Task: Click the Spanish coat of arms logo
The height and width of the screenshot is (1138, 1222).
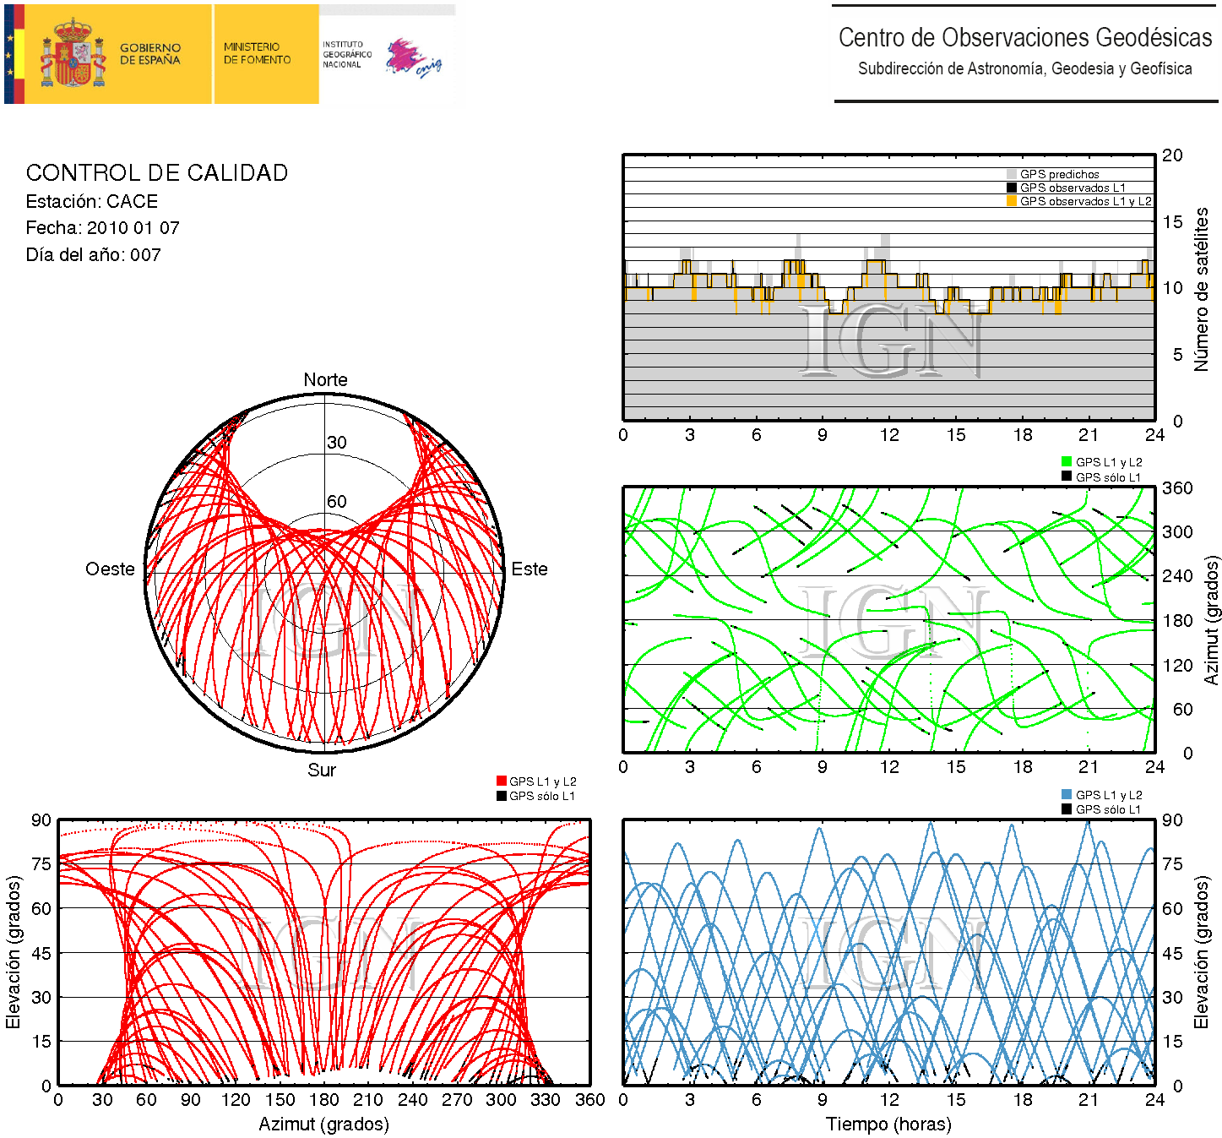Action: click(73, 53)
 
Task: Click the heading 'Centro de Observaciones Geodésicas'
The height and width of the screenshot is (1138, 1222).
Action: click(1024, 38)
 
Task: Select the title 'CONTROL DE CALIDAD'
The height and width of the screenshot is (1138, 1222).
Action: click(157, 173)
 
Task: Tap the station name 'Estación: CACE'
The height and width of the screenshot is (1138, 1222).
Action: click(92, 202)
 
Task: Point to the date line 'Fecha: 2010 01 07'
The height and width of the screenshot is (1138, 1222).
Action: click(102, 228)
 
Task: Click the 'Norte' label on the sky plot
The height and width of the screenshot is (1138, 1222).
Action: click(325, 380)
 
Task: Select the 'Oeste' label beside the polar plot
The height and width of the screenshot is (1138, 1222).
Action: click(110, 569)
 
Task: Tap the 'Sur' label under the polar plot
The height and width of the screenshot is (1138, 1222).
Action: click(322, 770)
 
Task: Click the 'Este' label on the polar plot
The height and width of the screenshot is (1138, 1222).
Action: click(530, 569)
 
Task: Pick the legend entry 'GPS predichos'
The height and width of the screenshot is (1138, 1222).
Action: click(1059, 174)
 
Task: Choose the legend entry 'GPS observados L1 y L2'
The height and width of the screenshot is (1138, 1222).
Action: click(1085, 201)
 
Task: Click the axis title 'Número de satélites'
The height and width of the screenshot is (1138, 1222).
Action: click(1201, 289)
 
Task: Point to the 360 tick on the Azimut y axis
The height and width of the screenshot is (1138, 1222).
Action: click(1177, 488)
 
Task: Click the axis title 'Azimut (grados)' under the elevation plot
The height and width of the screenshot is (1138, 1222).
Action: click(323, 1124)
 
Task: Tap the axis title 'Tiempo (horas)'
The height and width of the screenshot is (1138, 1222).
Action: click(888, 1124)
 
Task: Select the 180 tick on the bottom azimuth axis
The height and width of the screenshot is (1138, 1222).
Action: click(324, 1100)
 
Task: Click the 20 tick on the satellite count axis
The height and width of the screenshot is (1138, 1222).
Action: click(1172, 155)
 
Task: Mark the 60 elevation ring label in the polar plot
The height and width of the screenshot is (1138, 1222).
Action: click(337, 502)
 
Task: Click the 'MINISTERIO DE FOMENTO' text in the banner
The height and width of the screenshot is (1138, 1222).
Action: click(257, 53)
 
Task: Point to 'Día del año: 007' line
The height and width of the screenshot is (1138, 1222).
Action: click(93, 255)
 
